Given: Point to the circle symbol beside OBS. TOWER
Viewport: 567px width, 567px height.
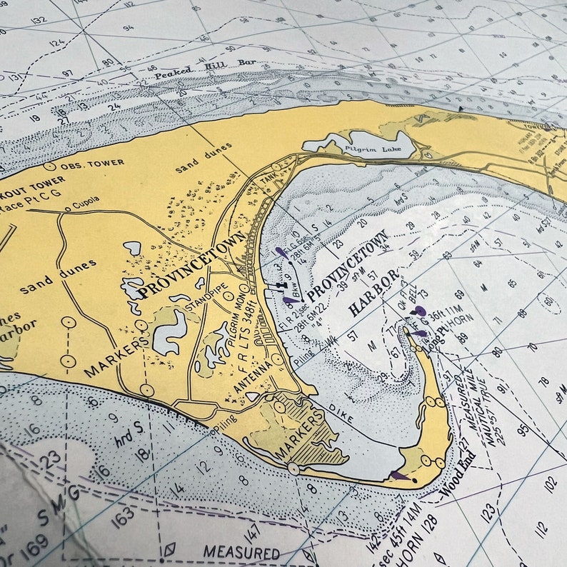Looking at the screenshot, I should (49, 166).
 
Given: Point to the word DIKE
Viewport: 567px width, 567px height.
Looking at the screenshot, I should (342, 411).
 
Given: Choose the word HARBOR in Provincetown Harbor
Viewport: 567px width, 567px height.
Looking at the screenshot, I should (373, 294).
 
